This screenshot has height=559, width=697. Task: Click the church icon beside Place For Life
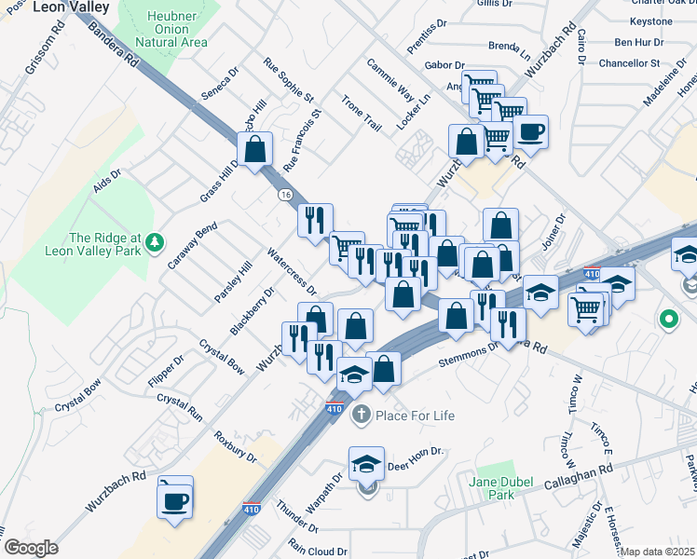(x=361, y=415)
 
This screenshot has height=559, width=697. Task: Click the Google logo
(x=30, y=548)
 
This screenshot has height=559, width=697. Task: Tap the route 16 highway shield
(x=285, y=194)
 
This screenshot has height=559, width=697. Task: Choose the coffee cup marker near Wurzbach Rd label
(x=175, y=500)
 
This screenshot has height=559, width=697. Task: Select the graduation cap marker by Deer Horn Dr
(x=367, y=463)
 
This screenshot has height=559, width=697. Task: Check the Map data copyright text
(x=657, y=552)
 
